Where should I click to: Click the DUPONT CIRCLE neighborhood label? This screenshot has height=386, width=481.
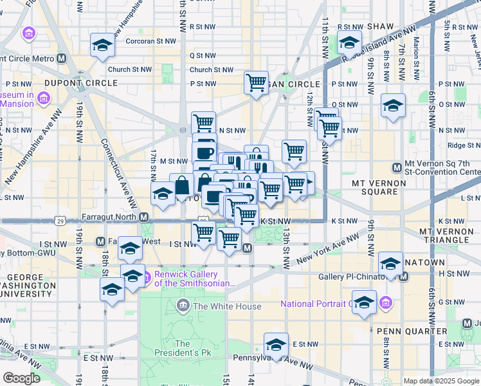[81, 83]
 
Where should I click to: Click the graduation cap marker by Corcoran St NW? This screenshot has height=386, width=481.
[102, 45]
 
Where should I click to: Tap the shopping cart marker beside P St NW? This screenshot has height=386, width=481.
[256, 82]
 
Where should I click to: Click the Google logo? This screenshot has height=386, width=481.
[21, 378]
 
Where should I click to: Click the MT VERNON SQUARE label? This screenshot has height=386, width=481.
[379, 187]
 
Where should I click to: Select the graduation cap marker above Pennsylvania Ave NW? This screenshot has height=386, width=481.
[276, 344]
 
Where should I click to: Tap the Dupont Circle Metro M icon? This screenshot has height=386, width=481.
[62, 58]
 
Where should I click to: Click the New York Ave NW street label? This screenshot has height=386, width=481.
[327, 250]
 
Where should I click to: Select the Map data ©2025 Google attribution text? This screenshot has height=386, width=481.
[440, 381]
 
